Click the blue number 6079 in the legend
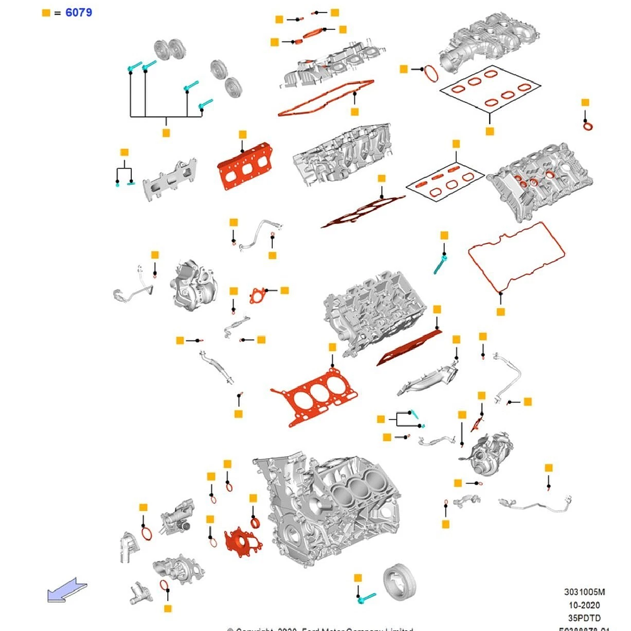pyautogui.click(x=78, y=12)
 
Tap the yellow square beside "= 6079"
pyautogui.click(x=45, y=12)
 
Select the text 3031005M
pyautogui.click(x=584, y=593)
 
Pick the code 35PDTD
pyautogui.click(x=585, y=618)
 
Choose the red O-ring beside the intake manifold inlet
pyautogui.click(x=430, y=73)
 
